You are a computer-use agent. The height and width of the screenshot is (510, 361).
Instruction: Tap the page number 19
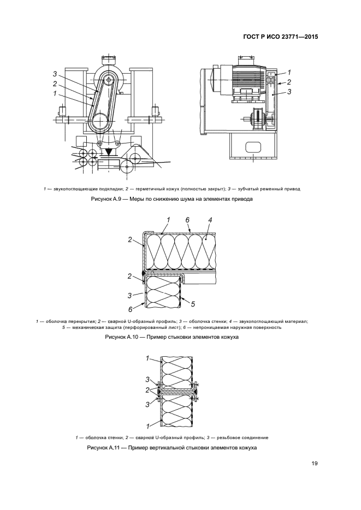click(x=315, y=464)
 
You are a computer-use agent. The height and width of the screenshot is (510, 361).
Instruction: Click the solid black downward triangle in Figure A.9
click(x=110, y=151)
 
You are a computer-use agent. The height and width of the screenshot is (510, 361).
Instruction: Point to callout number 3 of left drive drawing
click(x=55, y=74)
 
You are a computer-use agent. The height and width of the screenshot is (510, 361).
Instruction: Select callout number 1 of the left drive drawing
click(x=55, y=93)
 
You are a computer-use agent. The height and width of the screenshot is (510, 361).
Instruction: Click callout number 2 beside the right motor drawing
click(x=289, y=82)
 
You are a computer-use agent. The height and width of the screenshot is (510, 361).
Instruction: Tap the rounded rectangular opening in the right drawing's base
click(x=254, y=146)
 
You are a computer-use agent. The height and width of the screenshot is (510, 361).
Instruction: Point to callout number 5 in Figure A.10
click(x=193, y=302)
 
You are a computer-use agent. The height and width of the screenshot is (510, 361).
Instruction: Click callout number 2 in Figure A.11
click(x=147, y=390)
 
